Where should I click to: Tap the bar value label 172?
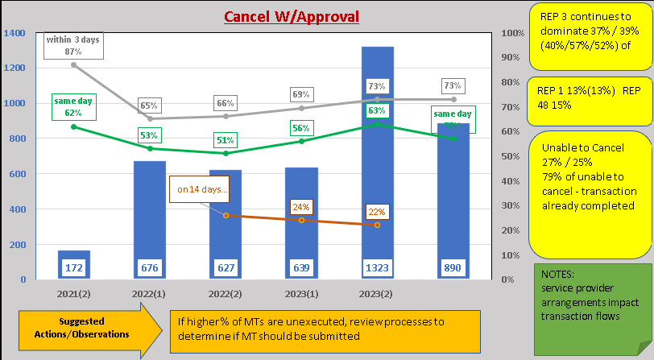coord(73,266)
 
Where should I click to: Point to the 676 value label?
coord(149,266)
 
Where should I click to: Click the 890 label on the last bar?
coord(453,266)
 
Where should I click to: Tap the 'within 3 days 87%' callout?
coord(73,46)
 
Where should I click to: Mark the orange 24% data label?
coord(301,206)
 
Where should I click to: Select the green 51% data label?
coord(226,139)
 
